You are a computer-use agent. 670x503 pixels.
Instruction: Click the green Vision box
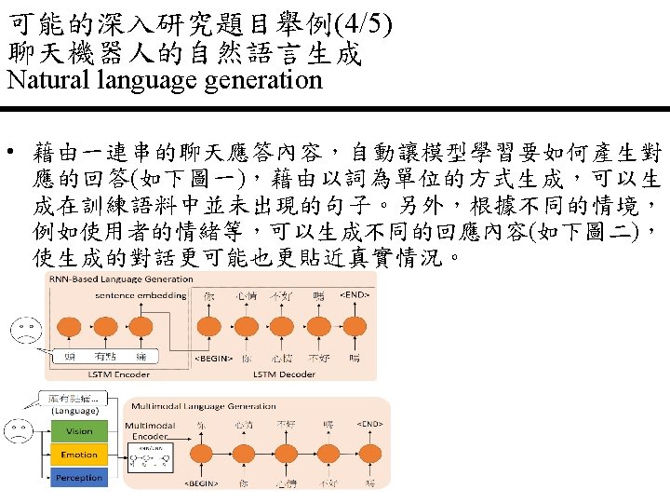pos(79,431)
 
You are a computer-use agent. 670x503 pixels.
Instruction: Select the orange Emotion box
pos(79,455)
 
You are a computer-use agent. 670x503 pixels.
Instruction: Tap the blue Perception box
pos(79,477)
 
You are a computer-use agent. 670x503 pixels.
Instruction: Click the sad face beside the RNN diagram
pos(25,329)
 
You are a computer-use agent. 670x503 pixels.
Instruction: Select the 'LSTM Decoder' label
pos(282,374)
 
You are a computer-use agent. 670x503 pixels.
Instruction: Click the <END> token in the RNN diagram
pos(355,295)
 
